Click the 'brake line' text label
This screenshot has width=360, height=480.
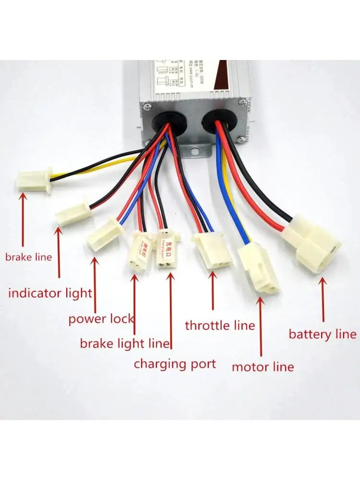[x=28, y=257]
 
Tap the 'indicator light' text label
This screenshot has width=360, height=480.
[x=50, y=293]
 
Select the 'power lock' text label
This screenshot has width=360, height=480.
[x=101, y=319]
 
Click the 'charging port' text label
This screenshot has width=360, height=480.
[x=175, y=364]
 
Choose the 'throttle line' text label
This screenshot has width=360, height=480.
[x=220, y=326]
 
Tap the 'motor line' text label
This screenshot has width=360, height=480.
[x=263, y=367]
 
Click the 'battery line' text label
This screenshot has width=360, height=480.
[x=322, y=334]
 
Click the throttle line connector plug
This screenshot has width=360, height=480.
[x=211, y=250]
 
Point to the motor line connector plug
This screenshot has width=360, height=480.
[x=260, y=267]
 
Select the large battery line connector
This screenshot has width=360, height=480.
[x=312, y=242]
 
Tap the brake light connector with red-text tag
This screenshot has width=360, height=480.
[x=141, y=251]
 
